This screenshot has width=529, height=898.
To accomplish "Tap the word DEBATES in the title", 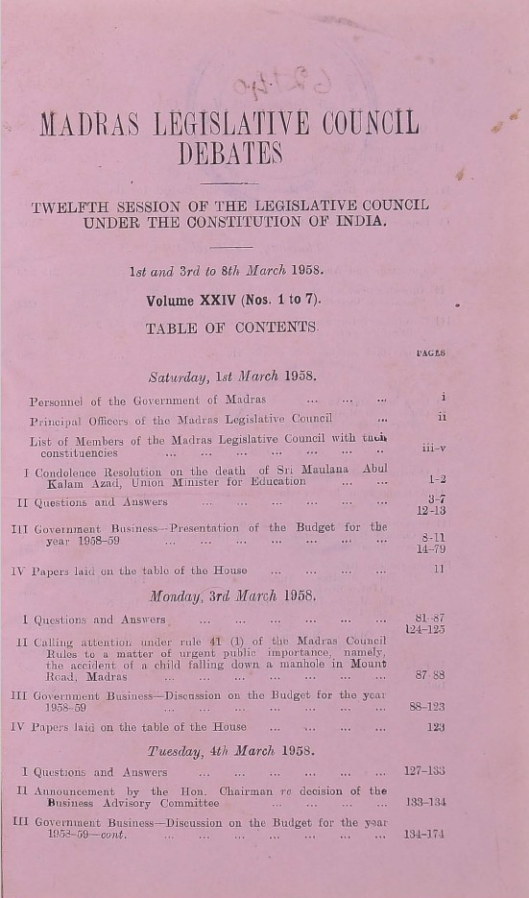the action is tap(230, 153).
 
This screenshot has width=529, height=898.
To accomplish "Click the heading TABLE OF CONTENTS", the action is tap(231, 328).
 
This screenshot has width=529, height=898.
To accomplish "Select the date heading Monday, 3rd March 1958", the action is tap(232, 595).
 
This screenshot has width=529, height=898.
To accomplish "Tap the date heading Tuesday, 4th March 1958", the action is tap(233, 749).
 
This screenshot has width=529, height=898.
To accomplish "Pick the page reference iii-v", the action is tap(433, 447).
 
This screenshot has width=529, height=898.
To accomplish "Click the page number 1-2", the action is tap(436, 478).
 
